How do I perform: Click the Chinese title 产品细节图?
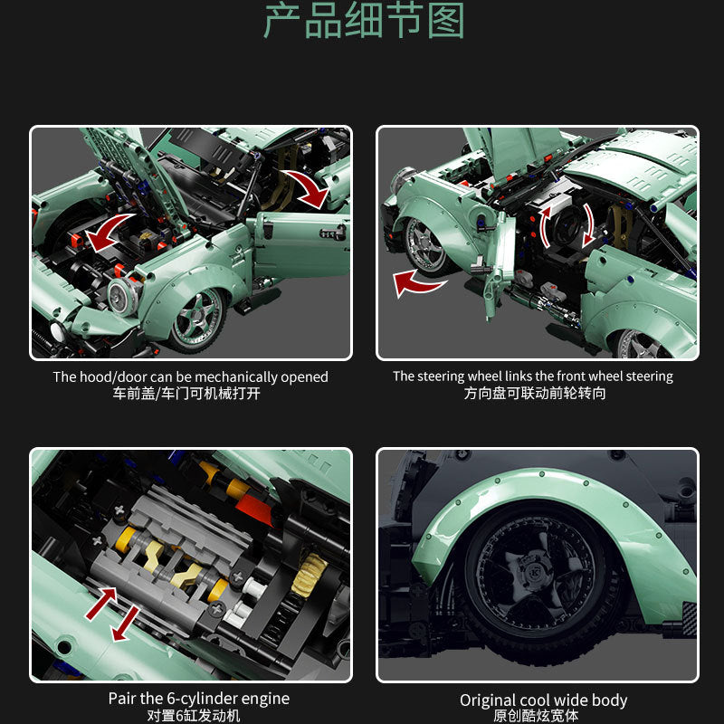(362, 22)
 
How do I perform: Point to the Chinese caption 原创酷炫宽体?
(543, 716)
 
